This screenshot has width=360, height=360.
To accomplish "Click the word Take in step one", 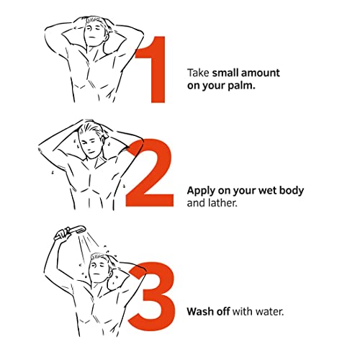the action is click(x=198, y=73).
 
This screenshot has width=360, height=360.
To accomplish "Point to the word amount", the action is click(x=261, y=73).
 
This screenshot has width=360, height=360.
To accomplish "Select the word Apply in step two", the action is click(x=201, y=192).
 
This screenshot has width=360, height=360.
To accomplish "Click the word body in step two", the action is click(x=292, y=192).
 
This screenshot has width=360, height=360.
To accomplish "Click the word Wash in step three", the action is click(x=200, y=312).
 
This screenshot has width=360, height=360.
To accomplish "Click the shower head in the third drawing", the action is click(x=78, y=229).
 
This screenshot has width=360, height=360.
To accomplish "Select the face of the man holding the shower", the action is click(x=98, y=269).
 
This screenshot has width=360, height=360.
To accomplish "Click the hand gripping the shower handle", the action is click(x=62, y=233).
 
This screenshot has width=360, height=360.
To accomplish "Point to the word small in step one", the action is click(x=225, y=73).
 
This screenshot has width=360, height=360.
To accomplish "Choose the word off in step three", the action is click(x=223, y=312).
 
